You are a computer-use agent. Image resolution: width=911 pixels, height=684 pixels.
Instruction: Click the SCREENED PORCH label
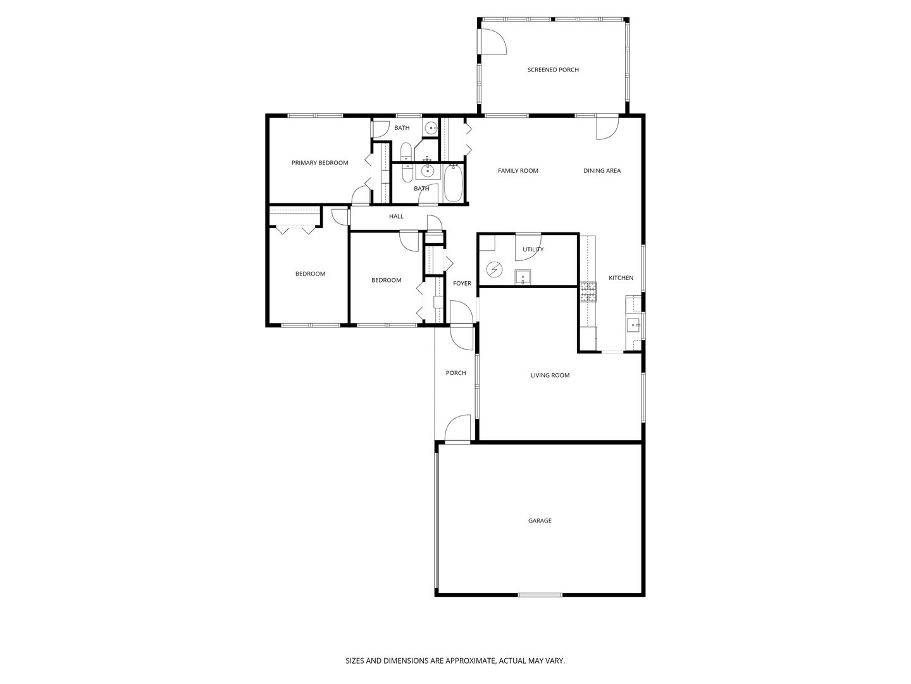coord(553,70)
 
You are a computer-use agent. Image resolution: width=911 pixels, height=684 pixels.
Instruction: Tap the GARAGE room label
coord(540,521)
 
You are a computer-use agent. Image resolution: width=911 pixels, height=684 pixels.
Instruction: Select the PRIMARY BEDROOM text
coord(319,163)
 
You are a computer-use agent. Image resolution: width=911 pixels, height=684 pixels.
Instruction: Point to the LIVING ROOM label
coord(550,375)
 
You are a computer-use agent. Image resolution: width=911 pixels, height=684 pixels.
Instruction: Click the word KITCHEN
coord(621,278)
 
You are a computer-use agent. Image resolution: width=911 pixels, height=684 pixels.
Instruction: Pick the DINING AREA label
coord(602,170)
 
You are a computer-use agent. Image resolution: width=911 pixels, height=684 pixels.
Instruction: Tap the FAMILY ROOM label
coord(517,170)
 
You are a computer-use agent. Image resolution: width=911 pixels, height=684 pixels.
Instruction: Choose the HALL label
coord(396,216)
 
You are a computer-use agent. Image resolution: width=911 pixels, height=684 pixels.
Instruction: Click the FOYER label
coord(462,283)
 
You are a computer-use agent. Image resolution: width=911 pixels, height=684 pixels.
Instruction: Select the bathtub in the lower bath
coord(454,183)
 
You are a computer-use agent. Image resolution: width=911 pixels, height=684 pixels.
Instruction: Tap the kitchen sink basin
coord(633,326)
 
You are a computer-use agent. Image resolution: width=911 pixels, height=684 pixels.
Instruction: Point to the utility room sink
coord(523,277)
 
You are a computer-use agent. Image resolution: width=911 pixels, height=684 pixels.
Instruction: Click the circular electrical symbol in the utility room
coord(493,270)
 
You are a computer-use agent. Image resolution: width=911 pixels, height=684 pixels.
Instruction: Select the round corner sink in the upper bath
coord(431,128)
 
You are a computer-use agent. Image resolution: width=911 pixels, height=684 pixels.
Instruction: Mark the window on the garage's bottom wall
coord(540,595)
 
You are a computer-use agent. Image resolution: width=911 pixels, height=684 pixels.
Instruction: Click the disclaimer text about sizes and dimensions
coord(455,661)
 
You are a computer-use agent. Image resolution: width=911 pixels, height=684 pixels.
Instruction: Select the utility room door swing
coord(526,244)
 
